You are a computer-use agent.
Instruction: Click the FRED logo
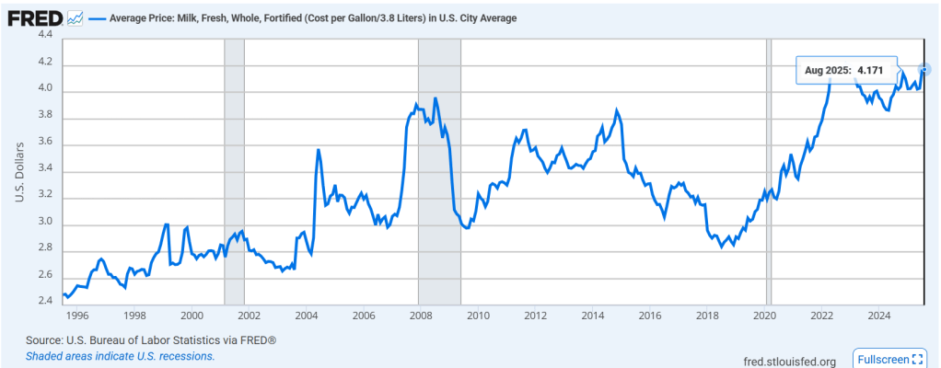click(x=34, y=17)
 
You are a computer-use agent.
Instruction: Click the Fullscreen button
click(x=890, y=359)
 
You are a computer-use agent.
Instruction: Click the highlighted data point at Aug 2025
click(x=924, y=69)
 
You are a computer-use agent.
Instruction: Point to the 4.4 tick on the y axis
click(x=44, y=35)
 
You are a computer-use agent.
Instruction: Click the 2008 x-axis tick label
click(x=420, y=315)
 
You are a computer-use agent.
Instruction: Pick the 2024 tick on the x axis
click(x=877, y=315)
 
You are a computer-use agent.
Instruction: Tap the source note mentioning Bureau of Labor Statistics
click(x=151, y=340)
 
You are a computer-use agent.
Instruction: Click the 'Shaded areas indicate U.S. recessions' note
click(x=121, y=356)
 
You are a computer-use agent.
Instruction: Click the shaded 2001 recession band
click(x=234, y=170)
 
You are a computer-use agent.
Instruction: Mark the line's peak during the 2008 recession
click(x=435, y=98)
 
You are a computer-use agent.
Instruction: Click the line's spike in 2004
click(x=319, y=149)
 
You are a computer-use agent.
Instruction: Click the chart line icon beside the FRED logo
click(x=76, y=17)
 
